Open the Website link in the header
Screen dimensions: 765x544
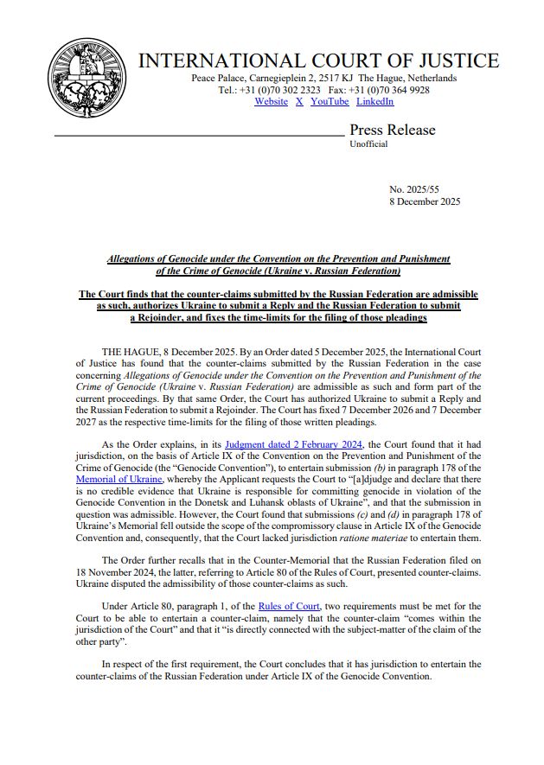(x=271, y=102)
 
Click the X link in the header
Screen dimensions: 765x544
(x=299, y=102)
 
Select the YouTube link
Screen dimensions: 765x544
(x=330, y=102)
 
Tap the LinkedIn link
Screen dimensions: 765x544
(x=374, y=102)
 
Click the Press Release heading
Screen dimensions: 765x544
(x=392, y=131)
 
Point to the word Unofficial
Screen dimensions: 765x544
(x=368, y=144)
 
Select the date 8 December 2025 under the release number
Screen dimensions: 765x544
(x=425, y=201)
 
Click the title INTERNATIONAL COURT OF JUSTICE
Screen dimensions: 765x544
(x=318, y=61)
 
